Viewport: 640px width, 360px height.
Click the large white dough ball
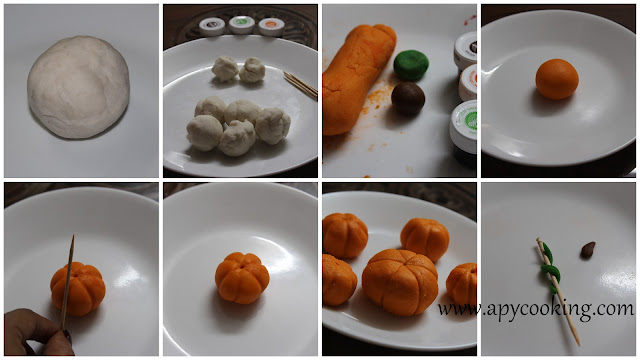[78, 87]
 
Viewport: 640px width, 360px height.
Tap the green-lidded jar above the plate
[242, 24]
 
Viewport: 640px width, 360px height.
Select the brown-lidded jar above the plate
[212, 27]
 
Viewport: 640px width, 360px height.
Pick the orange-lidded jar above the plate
[271, 27]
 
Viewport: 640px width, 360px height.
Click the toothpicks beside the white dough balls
[300, 84]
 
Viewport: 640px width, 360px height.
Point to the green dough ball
[411, 65]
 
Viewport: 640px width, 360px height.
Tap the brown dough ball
[408, 99]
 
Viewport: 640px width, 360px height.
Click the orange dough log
[357, 80]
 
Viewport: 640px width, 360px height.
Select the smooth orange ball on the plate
[557, 79]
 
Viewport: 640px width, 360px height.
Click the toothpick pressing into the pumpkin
[67, 282]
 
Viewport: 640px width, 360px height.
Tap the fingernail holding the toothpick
[67, 337]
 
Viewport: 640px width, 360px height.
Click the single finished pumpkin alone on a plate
[242, 278]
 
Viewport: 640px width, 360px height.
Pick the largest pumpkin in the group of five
[400, 282]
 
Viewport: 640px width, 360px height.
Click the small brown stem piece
[588, 250]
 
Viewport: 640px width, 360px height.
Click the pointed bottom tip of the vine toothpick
[578, 344]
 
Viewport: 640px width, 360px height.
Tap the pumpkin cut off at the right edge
[461, 284]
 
